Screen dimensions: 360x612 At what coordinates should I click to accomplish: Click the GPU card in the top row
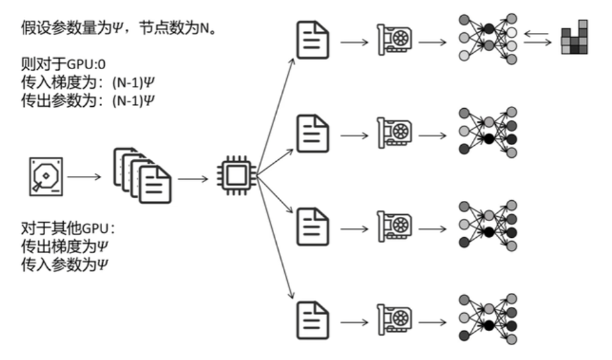(394, 42)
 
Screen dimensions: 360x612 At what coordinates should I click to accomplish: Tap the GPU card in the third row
(394, 226)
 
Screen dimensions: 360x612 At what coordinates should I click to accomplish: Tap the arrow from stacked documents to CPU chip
(193, 178)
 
